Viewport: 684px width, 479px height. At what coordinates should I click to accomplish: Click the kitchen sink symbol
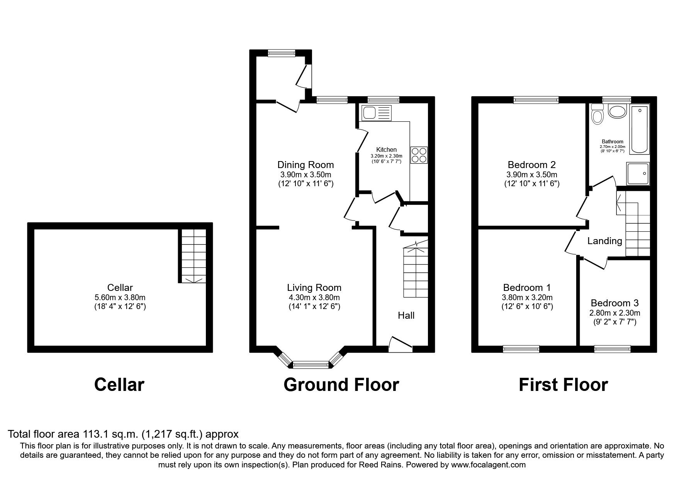(377, 113)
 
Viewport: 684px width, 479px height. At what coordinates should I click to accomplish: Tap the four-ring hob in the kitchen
(419, 155)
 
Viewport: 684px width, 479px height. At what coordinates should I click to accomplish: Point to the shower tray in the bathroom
(638, 173)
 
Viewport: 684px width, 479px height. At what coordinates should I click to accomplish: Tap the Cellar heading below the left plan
(119, 385)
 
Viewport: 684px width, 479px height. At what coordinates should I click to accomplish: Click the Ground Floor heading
(341, 385)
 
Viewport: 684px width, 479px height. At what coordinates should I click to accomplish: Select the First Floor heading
(563, 385)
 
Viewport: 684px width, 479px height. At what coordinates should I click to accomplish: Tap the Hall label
(406, 316)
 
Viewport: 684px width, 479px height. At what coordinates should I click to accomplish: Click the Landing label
(604, 241)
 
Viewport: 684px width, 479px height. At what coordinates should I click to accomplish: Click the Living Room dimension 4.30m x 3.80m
(314, 297)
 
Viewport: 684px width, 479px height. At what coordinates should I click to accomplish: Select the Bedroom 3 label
(614, 303)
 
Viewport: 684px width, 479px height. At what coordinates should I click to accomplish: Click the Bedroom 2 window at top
(536, 100)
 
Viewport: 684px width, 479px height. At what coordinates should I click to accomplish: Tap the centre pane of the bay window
(310, 364)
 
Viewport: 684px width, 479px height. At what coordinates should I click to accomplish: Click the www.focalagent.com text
(488, 465)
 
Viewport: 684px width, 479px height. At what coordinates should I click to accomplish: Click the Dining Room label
(306, 165)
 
